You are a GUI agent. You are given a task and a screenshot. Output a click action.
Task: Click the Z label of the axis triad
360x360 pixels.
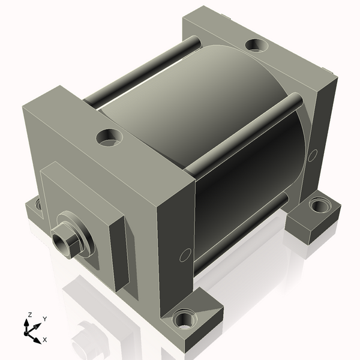coord(29,315)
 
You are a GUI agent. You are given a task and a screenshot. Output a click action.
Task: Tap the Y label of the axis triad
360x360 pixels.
coord(45,319)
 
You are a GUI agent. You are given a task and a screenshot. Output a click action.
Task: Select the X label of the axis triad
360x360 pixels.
coord(45,340)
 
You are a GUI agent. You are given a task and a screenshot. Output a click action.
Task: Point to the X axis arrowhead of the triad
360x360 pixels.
coord(37,340)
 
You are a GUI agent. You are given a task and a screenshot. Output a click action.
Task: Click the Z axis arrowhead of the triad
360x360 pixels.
coord(26,323)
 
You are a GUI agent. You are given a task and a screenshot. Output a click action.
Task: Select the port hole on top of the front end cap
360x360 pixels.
coord(109,137)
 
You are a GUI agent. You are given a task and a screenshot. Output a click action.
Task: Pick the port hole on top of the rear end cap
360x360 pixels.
coord(256,45)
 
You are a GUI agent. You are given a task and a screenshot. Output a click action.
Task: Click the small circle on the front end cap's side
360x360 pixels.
coord(185,255)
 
